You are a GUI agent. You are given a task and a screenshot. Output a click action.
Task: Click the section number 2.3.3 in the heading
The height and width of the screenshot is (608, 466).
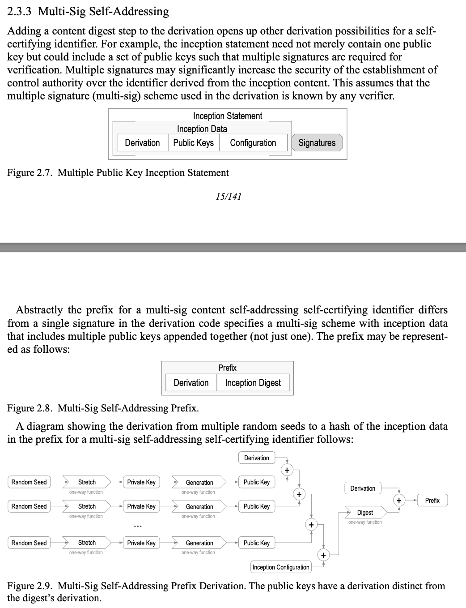tap(20, 12)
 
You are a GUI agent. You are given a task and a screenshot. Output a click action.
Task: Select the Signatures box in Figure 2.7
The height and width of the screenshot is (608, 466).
tap(317, 143)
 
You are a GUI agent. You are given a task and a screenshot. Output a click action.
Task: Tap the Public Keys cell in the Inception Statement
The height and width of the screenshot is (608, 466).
tap(193, 143)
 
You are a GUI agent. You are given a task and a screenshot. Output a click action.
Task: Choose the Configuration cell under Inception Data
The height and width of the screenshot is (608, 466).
tap(253, 143)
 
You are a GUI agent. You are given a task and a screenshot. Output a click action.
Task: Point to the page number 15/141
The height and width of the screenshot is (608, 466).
tap(228, 196)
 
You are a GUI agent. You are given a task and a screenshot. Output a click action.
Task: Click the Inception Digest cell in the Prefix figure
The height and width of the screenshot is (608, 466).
tap(253, 383)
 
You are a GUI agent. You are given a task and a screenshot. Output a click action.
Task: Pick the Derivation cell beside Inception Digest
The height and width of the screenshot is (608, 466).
tap(191, 383)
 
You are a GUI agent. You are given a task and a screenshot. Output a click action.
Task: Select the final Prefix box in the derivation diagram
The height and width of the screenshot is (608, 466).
tap(432, 501)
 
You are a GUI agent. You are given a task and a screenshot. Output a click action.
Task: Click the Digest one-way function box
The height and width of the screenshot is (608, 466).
tap(365, 513)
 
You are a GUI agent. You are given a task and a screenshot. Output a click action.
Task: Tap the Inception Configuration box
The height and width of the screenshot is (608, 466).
tap(281, 567)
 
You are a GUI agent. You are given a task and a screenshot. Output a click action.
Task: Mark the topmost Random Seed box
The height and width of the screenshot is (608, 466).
tap(29, 482)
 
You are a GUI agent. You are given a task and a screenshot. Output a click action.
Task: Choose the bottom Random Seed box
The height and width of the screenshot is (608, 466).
tap(29, 543)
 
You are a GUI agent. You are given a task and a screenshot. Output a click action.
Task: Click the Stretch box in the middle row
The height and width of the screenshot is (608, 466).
tap(87, 506)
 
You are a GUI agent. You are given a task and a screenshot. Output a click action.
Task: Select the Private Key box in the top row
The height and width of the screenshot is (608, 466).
tap(141, 482)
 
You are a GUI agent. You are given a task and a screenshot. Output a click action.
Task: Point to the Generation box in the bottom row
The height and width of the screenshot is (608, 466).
tap(199, 543)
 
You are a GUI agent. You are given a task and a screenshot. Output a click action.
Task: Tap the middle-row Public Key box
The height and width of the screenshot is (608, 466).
tap(257, 506)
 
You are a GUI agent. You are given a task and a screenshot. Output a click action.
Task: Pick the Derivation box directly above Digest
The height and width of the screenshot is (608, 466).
tap(363, 488)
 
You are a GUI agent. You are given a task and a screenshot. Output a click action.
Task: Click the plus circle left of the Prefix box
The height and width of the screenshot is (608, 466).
tap(399, 501)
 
